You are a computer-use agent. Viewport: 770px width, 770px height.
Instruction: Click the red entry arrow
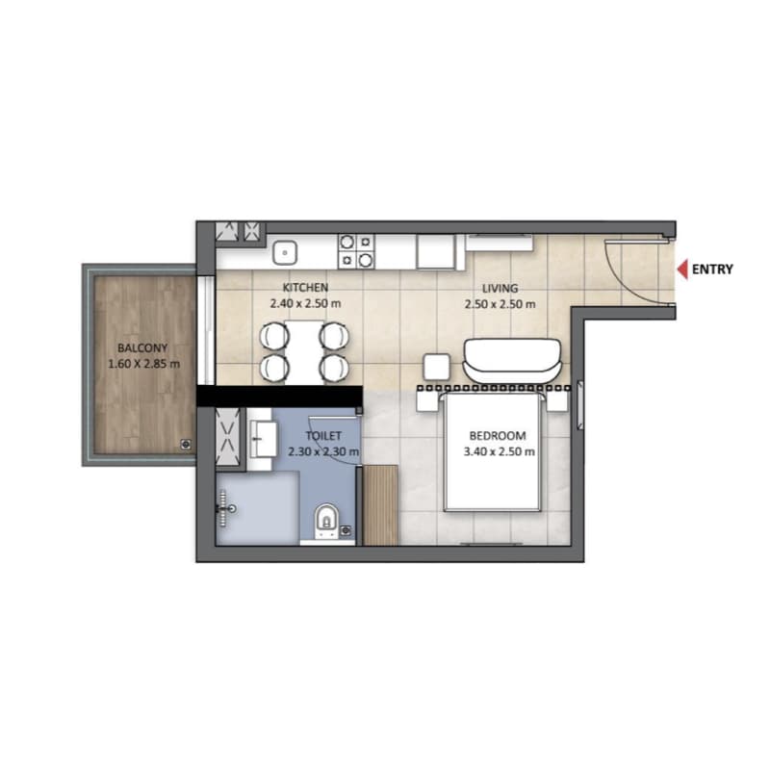click(682, 269)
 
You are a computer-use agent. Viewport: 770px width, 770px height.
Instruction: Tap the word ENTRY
click(712, 269)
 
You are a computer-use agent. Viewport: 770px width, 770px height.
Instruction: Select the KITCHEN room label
click(305, 287)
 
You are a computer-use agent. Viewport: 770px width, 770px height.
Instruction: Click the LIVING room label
click(500, 288)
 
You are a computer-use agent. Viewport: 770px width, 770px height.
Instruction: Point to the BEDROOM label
click(498, 436)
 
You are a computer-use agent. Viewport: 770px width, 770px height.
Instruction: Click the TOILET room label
click(323, 436)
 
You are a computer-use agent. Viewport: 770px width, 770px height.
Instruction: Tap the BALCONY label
click(142, 348)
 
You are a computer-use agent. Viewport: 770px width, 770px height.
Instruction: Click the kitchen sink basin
click(285, 252)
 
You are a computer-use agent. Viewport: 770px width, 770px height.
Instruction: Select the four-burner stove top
click(356, 251)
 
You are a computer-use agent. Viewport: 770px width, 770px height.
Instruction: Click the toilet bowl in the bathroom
click(326, 521)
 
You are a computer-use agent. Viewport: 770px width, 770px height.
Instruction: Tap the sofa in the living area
click(511, 360)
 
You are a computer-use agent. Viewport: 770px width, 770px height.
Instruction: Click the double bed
click(493, 450)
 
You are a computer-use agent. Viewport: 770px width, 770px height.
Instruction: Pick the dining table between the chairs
click(304, 351)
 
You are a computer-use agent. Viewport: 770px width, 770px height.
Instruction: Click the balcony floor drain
click(186, 445)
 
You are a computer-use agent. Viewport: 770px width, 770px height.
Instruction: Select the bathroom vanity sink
click(263, 439)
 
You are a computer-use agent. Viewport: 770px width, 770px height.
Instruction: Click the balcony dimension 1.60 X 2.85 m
click(143, 364)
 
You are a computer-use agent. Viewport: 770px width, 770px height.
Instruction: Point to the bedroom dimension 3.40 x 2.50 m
click(499, 451)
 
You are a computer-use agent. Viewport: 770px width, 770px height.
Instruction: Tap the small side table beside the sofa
click(437, 367)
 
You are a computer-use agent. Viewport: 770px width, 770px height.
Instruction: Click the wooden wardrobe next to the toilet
click(380, 505)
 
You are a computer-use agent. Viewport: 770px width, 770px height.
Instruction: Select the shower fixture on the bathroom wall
click(227, 509)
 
